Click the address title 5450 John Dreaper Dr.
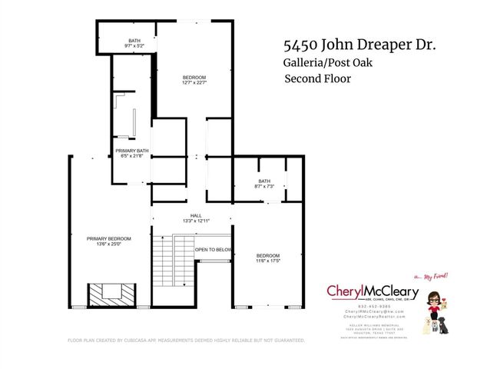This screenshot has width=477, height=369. [x=359, y=45]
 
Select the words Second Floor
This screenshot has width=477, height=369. [x=318, y=79]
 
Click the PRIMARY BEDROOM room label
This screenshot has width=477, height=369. [x=108, y=239]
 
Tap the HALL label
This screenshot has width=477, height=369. [x=195, y=216]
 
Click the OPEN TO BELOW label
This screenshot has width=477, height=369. [x=214, y=250]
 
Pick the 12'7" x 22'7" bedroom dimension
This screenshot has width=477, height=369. [x=194, y=84]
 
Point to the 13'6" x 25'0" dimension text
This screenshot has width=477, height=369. [x=108, y=245]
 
